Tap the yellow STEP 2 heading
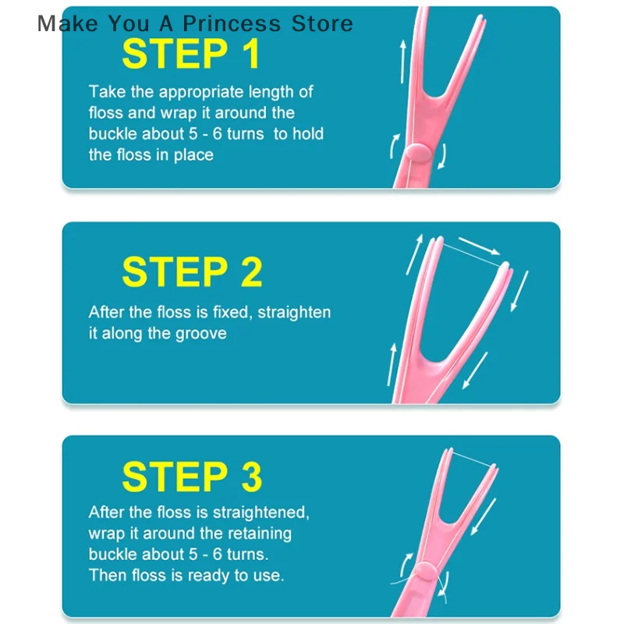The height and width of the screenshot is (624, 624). [192, 272]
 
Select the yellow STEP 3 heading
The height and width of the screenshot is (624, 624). [192, 477]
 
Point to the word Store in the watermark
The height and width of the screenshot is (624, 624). [322, 23]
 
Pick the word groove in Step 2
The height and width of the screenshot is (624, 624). [201, 333]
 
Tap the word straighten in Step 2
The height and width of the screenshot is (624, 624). [294, 312]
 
